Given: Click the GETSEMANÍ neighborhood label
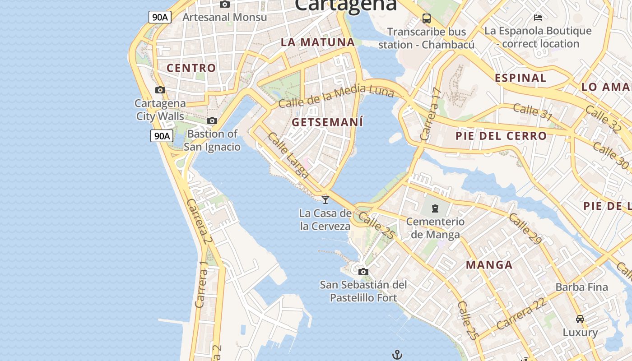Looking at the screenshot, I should pos(327,122).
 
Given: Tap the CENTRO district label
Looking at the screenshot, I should pos(191,68).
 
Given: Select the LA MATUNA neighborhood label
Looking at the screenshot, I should pos(318,42).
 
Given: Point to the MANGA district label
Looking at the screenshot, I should pos(489,265).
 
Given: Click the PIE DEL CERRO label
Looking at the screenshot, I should pos(501,136).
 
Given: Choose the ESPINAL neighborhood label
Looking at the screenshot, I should pos(520,78).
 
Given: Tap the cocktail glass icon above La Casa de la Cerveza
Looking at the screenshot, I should pos(325,199).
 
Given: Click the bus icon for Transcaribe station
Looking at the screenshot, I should pos(427,19).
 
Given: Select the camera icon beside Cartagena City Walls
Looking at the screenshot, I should pos(160,90).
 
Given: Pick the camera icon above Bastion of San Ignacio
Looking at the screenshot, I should pos(212,120).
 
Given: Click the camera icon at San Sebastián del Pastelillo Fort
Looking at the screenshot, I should pos(363,272).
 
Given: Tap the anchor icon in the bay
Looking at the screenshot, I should pos(397,355).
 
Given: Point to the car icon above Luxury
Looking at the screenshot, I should pos(580,319).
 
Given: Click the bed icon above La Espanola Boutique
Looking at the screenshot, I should pos(538,18).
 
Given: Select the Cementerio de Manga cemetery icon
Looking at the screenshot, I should pos(435,208).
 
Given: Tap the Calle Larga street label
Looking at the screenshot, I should pos(288,155).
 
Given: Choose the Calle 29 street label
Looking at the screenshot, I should pos(525,229).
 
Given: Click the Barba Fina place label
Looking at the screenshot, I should pos(581,287).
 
